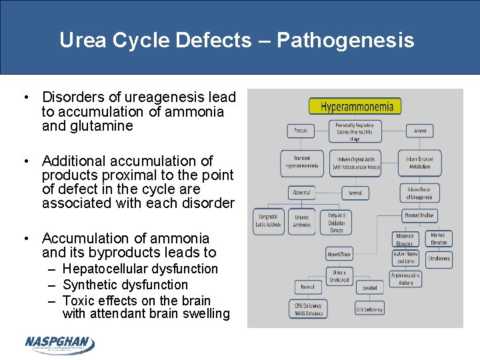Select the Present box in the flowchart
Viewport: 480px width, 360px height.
pos(301,131)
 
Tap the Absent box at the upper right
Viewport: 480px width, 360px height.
pos(420,131)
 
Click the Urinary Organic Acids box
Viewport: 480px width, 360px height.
pos(355,163)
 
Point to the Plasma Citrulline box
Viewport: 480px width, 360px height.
pos(420,216)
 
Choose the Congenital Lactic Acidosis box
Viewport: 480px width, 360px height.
pos(269,221)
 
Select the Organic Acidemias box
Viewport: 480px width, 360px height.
pos(302,221)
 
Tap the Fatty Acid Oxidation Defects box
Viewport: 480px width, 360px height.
pos(337,221)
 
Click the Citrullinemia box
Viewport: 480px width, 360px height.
pos(439,259)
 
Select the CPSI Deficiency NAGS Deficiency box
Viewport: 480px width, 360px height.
pos(309,309)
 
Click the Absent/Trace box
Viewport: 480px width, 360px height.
pos(339,254)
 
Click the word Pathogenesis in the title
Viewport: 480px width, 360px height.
pos(345,40)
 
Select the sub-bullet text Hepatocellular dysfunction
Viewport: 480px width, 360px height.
pos(140,269)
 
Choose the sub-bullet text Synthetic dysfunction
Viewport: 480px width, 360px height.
pos(125,285)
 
